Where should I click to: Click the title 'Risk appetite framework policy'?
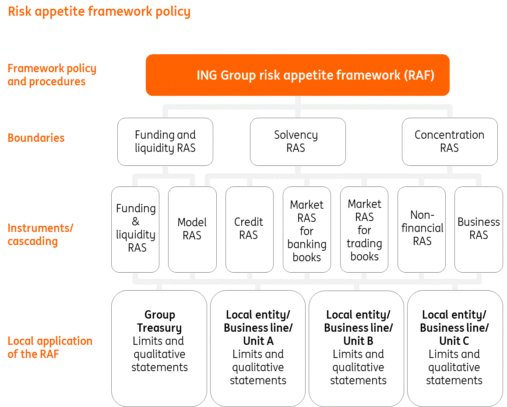coord(99,11)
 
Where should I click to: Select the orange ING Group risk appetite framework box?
coord(297,75)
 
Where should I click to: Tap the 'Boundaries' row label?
coord(36,138)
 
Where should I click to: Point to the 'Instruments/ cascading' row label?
coord(40,235)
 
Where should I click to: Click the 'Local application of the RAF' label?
coord(50,347)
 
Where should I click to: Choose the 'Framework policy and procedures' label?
coord(52,75)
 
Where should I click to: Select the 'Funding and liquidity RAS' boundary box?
coord(165,141)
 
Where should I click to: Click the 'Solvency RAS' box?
coord(298,141)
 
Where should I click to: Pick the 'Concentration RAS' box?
coord(450,141)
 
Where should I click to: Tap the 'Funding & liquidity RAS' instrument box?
coord(135,229)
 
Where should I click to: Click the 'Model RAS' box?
coord(192,229)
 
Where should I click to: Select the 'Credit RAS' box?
coord(249,229)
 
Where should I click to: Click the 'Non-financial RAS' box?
coord(422,229)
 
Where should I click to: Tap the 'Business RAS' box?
coord(479,229)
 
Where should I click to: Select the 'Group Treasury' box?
coord(159,348)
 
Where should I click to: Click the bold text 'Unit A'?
coord(258,341)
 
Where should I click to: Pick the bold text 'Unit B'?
coord(359,341)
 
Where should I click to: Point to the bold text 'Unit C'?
coord(454,341)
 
